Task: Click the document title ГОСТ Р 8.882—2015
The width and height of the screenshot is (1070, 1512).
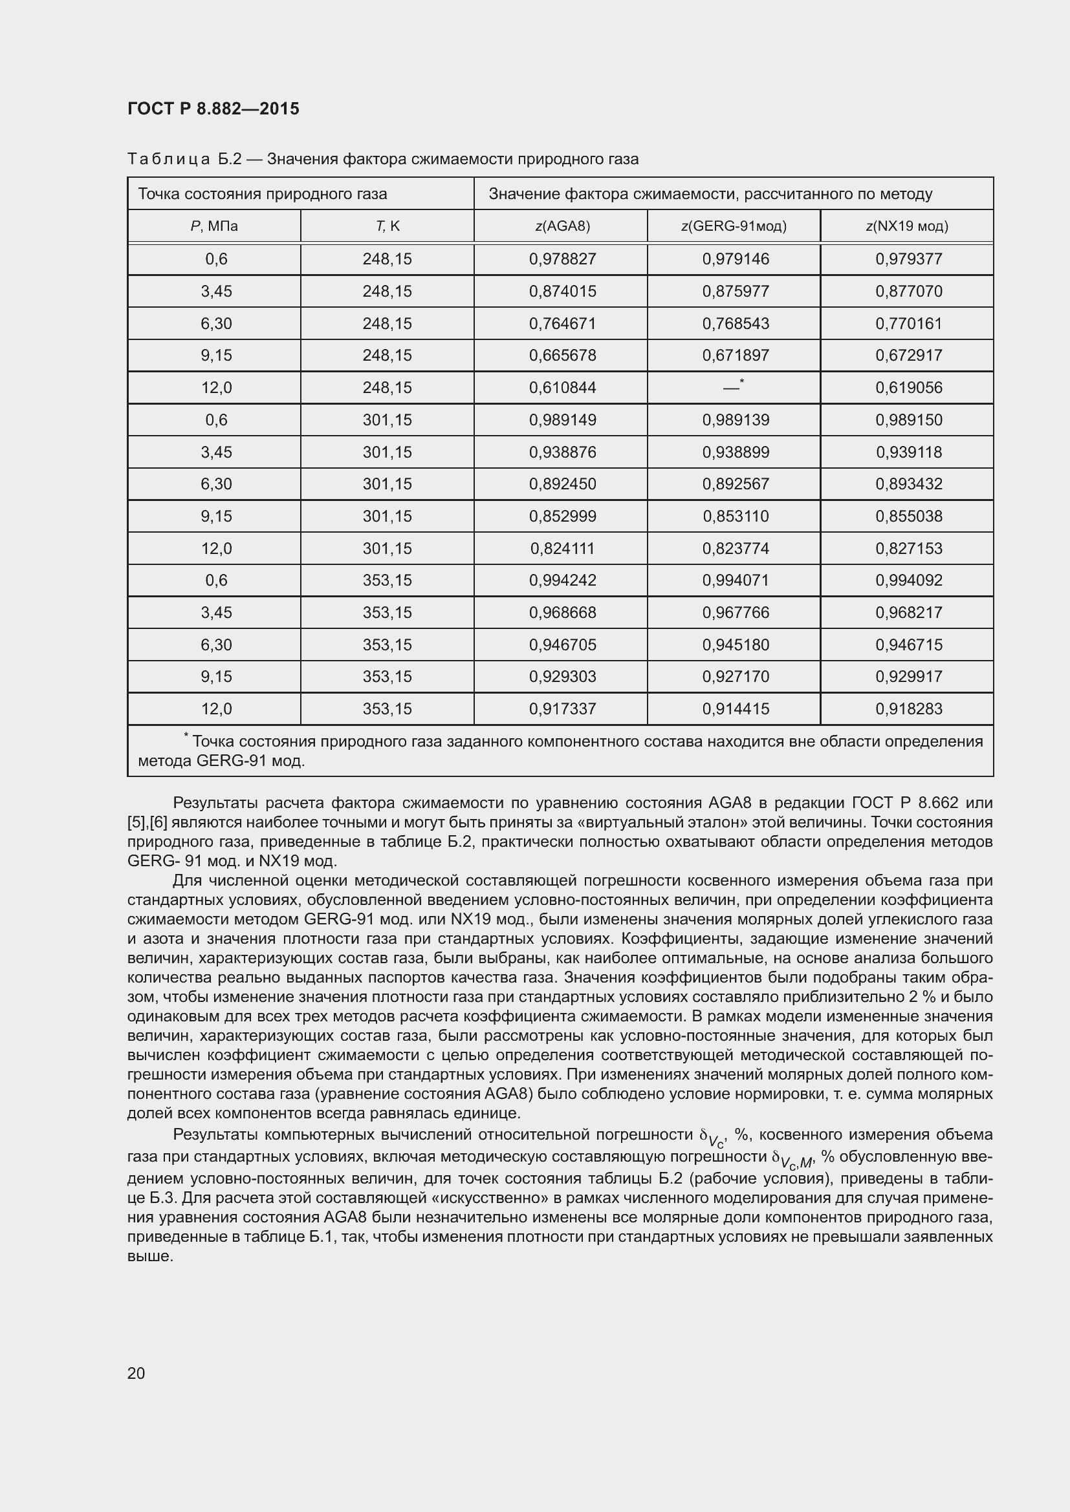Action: click(213, 109)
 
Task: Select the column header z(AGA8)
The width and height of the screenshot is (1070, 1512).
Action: click(562, 226)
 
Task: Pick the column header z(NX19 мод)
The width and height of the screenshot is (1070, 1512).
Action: click(906, 226)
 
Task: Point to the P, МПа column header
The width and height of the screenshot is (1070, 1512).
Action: click(214, 226)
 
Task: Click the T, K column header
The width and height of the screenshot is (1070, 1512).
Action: click(388, 226)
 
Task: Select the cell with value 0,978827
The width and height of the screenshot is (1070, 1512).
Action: click(562, 259)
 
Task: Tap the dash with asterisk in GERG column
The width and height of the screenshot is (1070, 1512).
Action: click(734, 387)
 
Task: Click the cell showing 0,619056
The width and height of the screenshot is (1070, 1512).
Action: click(908, 388)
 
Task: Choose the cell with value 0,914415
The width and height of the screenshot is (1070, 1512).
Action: click(736, 709)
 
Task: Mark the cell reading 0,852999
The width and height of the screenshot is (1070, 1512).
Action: click(562, 516)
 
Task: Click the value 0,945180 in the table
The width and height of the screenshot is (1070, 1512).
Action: click(736, 644)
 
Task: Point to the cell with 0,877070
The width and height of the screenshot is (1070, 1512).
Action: click(908, 291)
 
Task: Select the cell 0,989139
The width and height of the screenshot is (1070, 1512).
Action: click(736, 420)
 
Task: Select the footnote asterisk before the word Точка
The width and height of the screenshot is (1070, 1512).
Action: click(186, 736)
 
